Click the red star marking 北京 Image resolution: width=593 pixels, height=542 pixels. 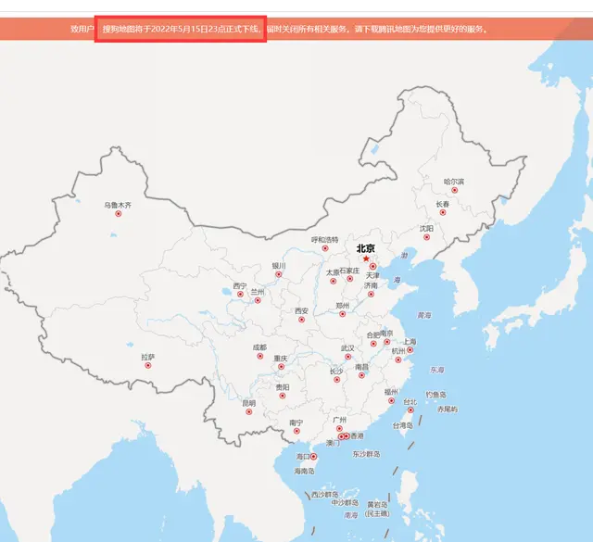pos(366,259)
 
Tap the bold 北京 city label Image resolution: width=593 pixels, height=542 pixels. pos(365,248)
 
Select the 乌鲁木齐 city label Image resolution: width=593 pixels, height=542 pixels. pos(118,205)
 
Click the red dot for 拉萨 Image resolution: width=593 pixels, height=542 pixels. pos(148,365)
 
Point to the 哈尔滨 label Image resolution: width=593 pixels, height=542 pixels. pos(453,182)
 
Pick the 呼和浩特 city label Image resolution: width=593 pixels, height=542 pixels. pos(324,239)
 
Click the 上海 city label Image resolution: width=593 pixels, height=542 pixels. pos(410,342)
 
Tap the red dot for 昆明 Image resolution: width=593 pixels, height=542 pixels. pos(248,412)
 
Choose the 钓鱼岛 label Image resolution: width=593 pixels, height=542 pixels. pos(436,394)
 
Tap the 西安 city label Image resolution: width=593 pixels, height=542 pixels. pos(301,310)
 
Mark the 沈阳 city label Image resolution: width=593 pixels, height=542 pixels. pos(425,228)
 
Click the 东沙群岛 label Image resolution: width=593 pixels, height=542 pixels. pos(366,454)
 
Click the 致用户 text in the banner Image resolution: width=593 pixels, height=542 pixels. pos(82,30)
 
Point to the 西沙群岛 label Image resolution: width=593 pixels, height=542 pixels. pos(323,494)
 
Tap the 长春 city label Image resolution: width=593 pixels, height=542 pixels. pos(443,204)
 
